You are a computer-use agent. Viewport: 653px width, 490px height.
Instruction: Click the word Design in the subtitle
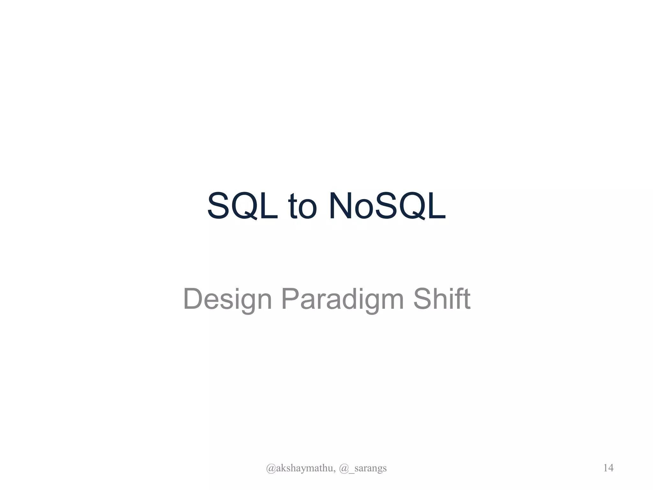(227, 299)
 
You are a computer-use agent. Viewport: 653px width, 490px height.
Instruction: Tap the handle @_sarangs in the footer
(363, 468)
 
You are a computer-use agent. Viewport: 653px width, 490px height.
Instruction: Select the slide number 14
(608, 468)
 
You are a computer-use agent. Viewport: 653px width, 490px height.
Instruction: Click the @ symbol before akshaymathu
(271, 468)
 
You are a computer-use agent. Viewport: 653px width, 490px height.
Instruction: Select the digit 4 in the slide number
(611, 468)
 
